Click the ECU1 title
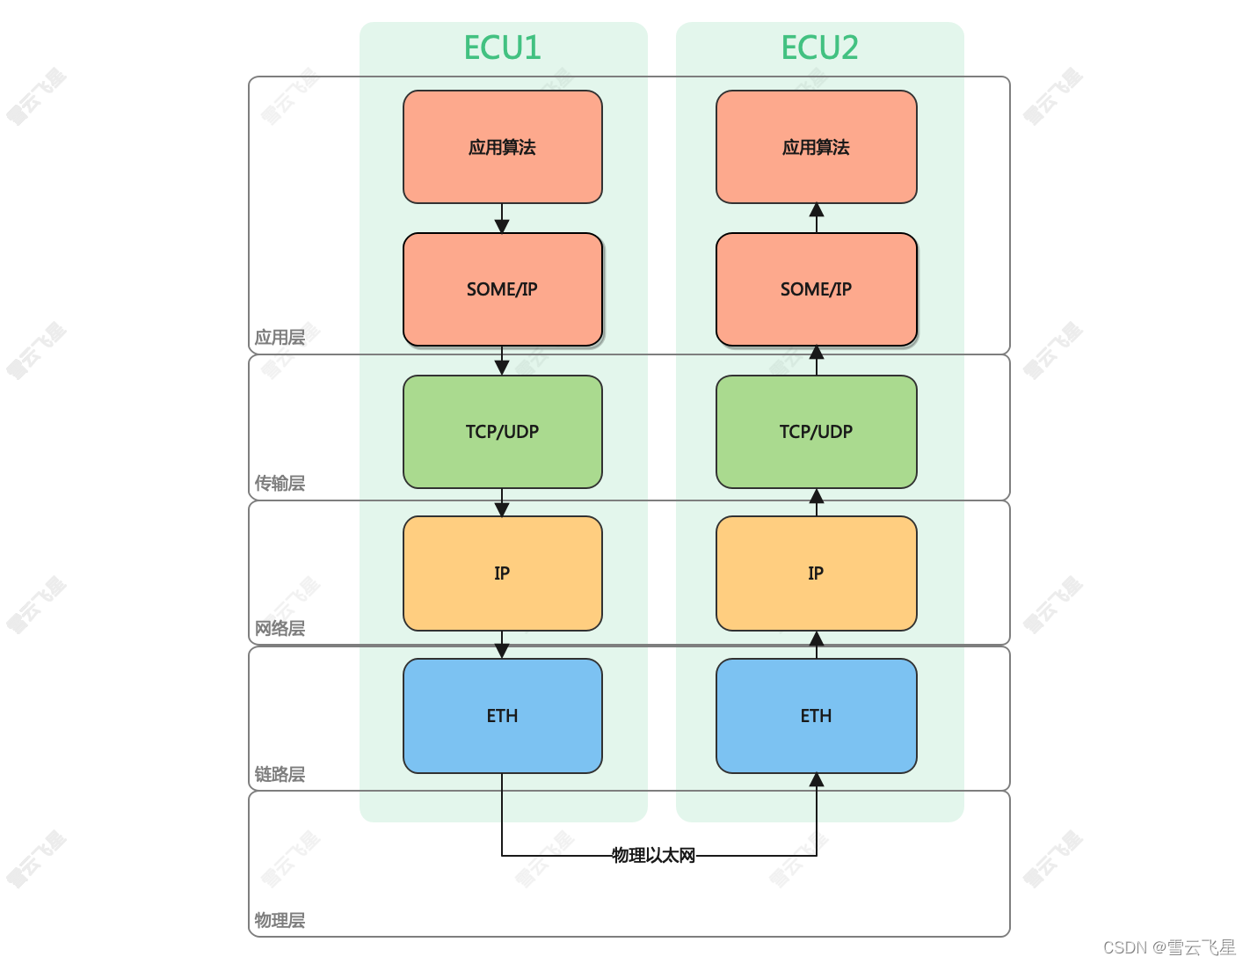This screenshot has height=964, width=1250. coord(502,47)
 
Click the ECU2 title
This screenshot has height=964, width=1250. coord(819,47)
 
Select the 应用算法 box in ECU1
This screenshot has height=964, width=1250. coord(502,147)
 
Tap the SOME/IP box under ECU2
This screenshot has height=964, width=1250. coord(817,288)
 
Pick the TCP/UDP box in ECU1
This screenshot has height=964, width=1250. coord(502,432)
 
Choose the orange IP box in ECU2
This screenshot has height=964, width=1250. coord(817,573)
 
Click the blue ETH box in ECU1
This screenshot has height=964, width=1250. coord(502,715)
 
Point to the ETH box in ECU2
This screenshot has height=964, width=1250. coord(817,715)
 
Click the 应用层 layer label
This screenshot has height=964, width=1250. coord(280,337)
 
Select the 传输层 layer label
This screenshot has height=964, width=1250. coord(280,483)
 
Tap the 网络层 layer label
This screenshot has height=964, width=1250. coord(280,628)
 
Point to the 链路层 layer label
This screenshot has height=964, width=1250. coord(280,774)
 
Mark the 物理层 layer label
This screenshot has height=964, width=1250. coord(280,920)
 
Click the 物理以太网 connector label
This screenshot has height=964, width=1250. coord(653,855)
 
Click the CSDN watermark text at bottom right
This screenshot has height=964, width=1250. coord(1169,947)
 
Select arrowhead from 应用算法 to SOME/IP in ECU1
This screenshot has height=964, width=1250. coord(502,225)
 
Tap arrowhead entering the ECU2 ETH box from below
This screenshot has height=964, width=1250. coord(817,780)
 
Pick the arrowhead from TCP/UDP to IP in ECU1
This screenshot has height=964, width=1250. coord(502,509)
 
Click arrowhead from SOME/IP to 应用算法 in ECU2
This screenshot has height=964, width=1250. coord(817,210)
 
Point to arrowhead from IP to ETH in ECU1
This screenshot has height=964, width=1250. coord(502,652)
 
